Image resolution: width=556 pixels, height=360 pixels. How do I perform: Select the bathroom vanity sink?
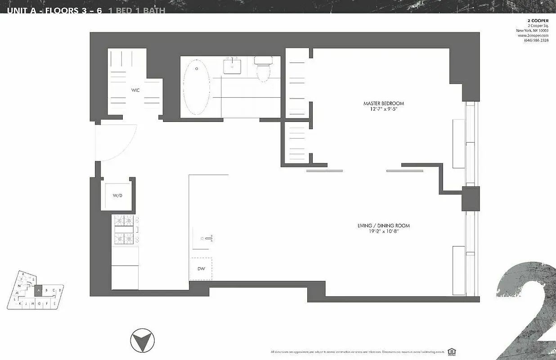coord(232,66)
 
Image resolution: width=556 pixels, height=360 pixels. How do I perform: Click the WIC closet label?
coord(135,90)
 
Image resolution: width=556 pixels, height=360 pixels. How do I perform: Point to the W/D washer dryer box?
coord(117,196)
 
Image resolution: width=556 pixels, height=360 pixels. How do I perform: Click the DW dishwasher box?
coord(201,269)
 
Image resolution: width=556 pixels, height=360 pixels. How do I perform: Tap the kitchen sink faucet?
coord(208,238)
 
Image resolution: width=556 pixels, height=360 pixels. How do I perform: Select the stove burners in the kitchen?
coord(126,229)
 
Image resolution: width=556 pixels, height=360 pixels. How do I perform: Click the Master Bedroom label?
coord(384,103)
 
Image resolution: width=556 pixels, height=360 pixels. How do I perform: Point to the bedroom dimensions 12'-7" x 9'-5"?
coord(384,109)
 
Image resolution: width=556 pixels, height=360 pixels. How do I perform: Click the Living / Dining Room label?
coord(383,226)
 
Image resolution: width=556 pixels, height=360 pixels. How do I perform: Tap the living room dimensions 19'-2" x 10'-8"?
coord(383,232)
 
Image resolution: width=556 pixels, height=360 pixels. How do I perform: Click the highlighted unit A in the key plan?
coord(39,291)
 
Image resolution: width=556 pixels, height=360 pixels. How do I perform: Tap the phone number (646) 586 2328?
coord(536,40)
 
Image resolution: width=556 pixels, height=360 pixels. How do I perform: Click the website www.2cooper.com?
coord(536,36)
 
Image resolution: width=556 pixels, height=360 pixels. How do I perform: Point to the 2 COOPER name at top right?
coord(538,21)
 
